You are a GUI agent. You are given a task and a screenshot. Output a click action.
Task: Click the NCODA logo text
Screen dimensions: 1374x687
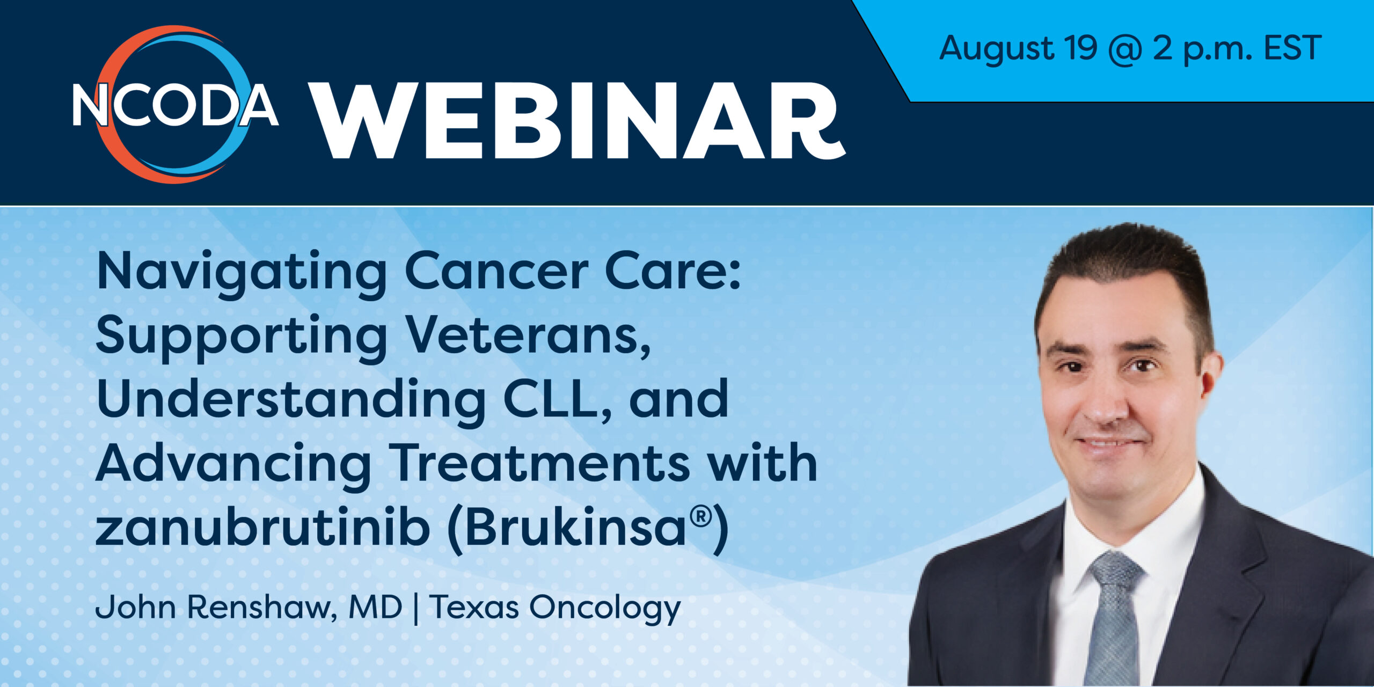pyautogui.click(x=176, y=104)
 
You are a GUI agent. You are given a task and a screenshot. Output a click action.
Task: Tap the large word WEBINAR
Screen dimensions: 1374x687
pyautogui.click(x=578, y=120)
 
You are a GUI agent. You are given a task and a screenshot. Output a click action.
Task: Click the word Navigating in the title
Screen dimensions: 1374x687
pyautogui.click(x=242, y=274)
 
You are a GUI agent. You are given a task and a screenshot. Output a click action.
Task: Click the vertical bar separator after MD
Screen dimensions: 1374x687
pyautogui.click(x=416, y=608)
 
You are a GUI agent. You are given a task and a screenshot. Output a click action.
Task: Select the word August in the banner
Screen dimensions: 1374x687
pyautogui.click(x=996, y=49)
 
